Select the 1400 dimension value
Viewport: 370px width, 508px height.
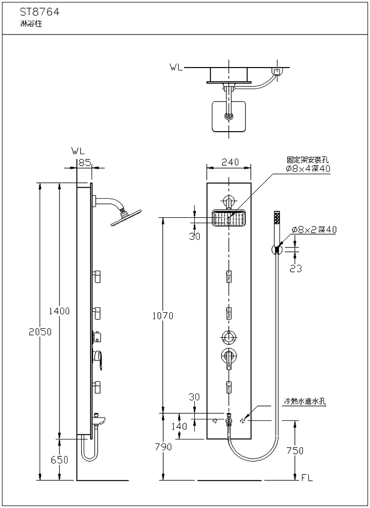[59, 311]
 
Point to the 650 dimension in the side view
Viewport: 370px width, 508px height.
[59, 459]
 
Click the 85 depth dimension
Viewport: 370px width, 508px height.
[84, 162]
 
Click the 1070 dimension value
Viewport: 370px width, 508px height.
[163, 316]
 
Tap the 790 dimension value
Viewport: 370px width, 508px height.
[163, 446]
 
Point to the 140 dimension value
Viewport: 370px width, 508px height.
[179, 426]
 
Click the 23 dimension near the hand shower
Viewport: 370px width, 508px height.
[295, 268]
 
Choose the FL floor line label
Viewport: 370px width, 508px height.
[307, 478]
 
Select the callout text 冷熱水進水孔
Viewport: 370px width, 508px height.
[305, 401]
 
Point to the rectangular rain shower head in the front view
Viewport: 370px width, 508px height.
[229, 218]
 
